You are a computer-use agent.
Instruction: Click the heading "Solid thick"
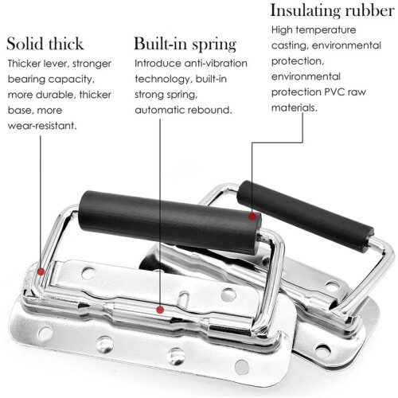coord(45,44)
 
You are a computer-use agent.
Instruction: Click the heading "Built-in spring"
coord(185,44)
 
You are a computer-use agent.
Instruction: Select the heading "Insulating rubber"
coord(332,11)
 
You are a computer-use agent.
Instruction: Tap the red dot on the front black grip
coord(252,217)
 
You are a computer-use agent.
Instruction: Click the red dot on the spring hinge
coord(160,310)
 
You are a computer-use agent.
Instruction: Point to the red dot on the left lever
coord(41,271)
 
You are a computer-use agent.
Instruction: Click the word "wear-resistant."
coord(42,126)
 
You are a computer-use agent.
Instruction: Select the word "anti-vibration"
coord(216,64)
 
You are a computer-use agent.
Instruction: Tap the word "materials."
coord(295,107)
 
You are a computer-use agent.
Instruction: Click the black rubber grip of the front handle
coord(170,222)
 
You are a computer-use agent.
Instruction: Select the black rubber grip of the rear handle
coord(305,216)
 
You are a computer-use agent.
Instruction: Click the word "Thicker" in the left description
coord(24,64)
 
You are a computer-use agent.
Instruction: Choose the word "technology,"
coord(163,79)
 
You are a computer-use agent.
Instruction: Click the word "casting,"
coord(290,45)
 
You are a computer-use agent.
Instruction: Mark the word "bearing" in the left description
coord(26,80)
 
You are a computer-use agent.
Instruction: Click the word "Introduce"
coord(158,64)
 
